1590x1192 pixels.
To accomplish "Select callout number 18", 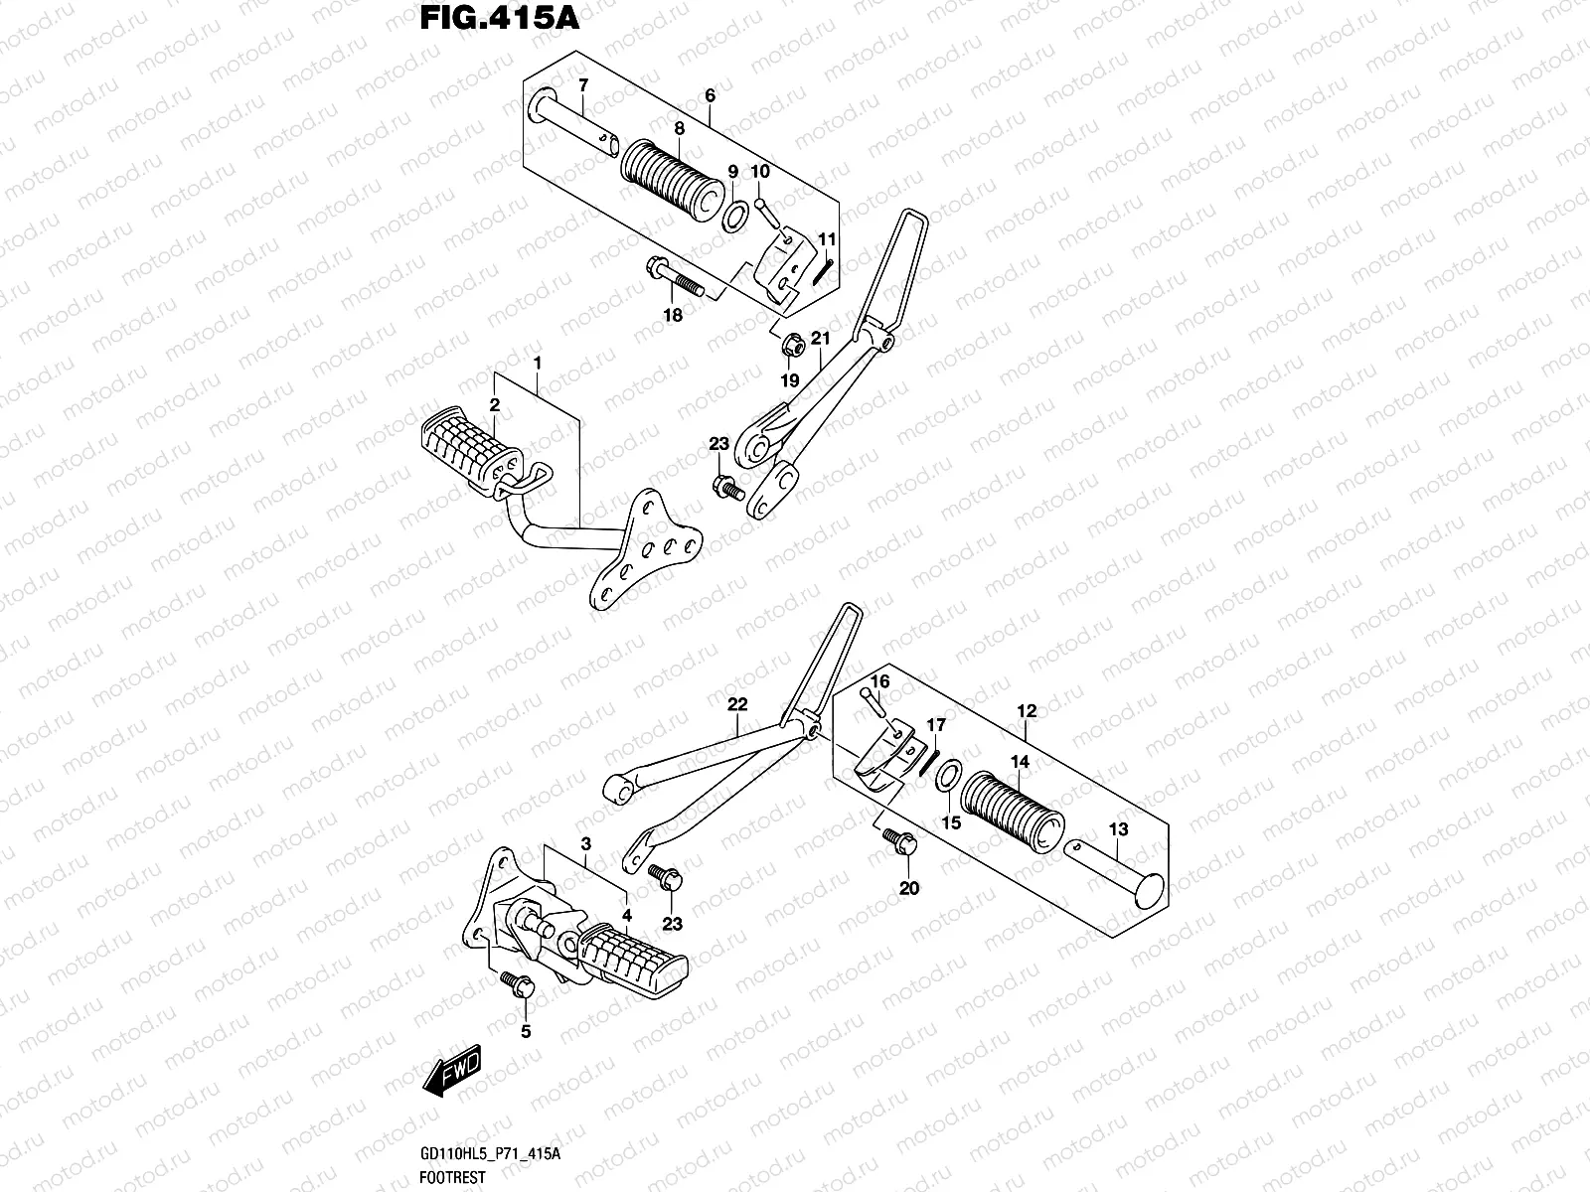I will pyautogui.click(x=673, y=316).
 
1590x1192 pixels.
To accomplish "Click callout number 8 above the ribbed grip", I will pyautogui.click(x=679, y=128).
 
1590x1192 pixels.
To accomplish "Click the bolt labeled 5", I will pyautogui.click(x=519, y=984).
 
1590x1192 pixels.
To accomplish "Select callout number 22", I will pyautogui.click(x=736, y=705).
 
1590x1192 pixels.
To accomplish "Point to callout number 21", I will pyautogui.click(x=820, y=339).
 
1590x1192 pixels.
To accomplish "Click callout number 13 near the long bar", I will pyautogui.click(x=1118, y=828).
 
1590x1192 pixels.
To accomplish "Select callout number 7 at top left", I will pyautogui.click(x=583, y=84).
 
